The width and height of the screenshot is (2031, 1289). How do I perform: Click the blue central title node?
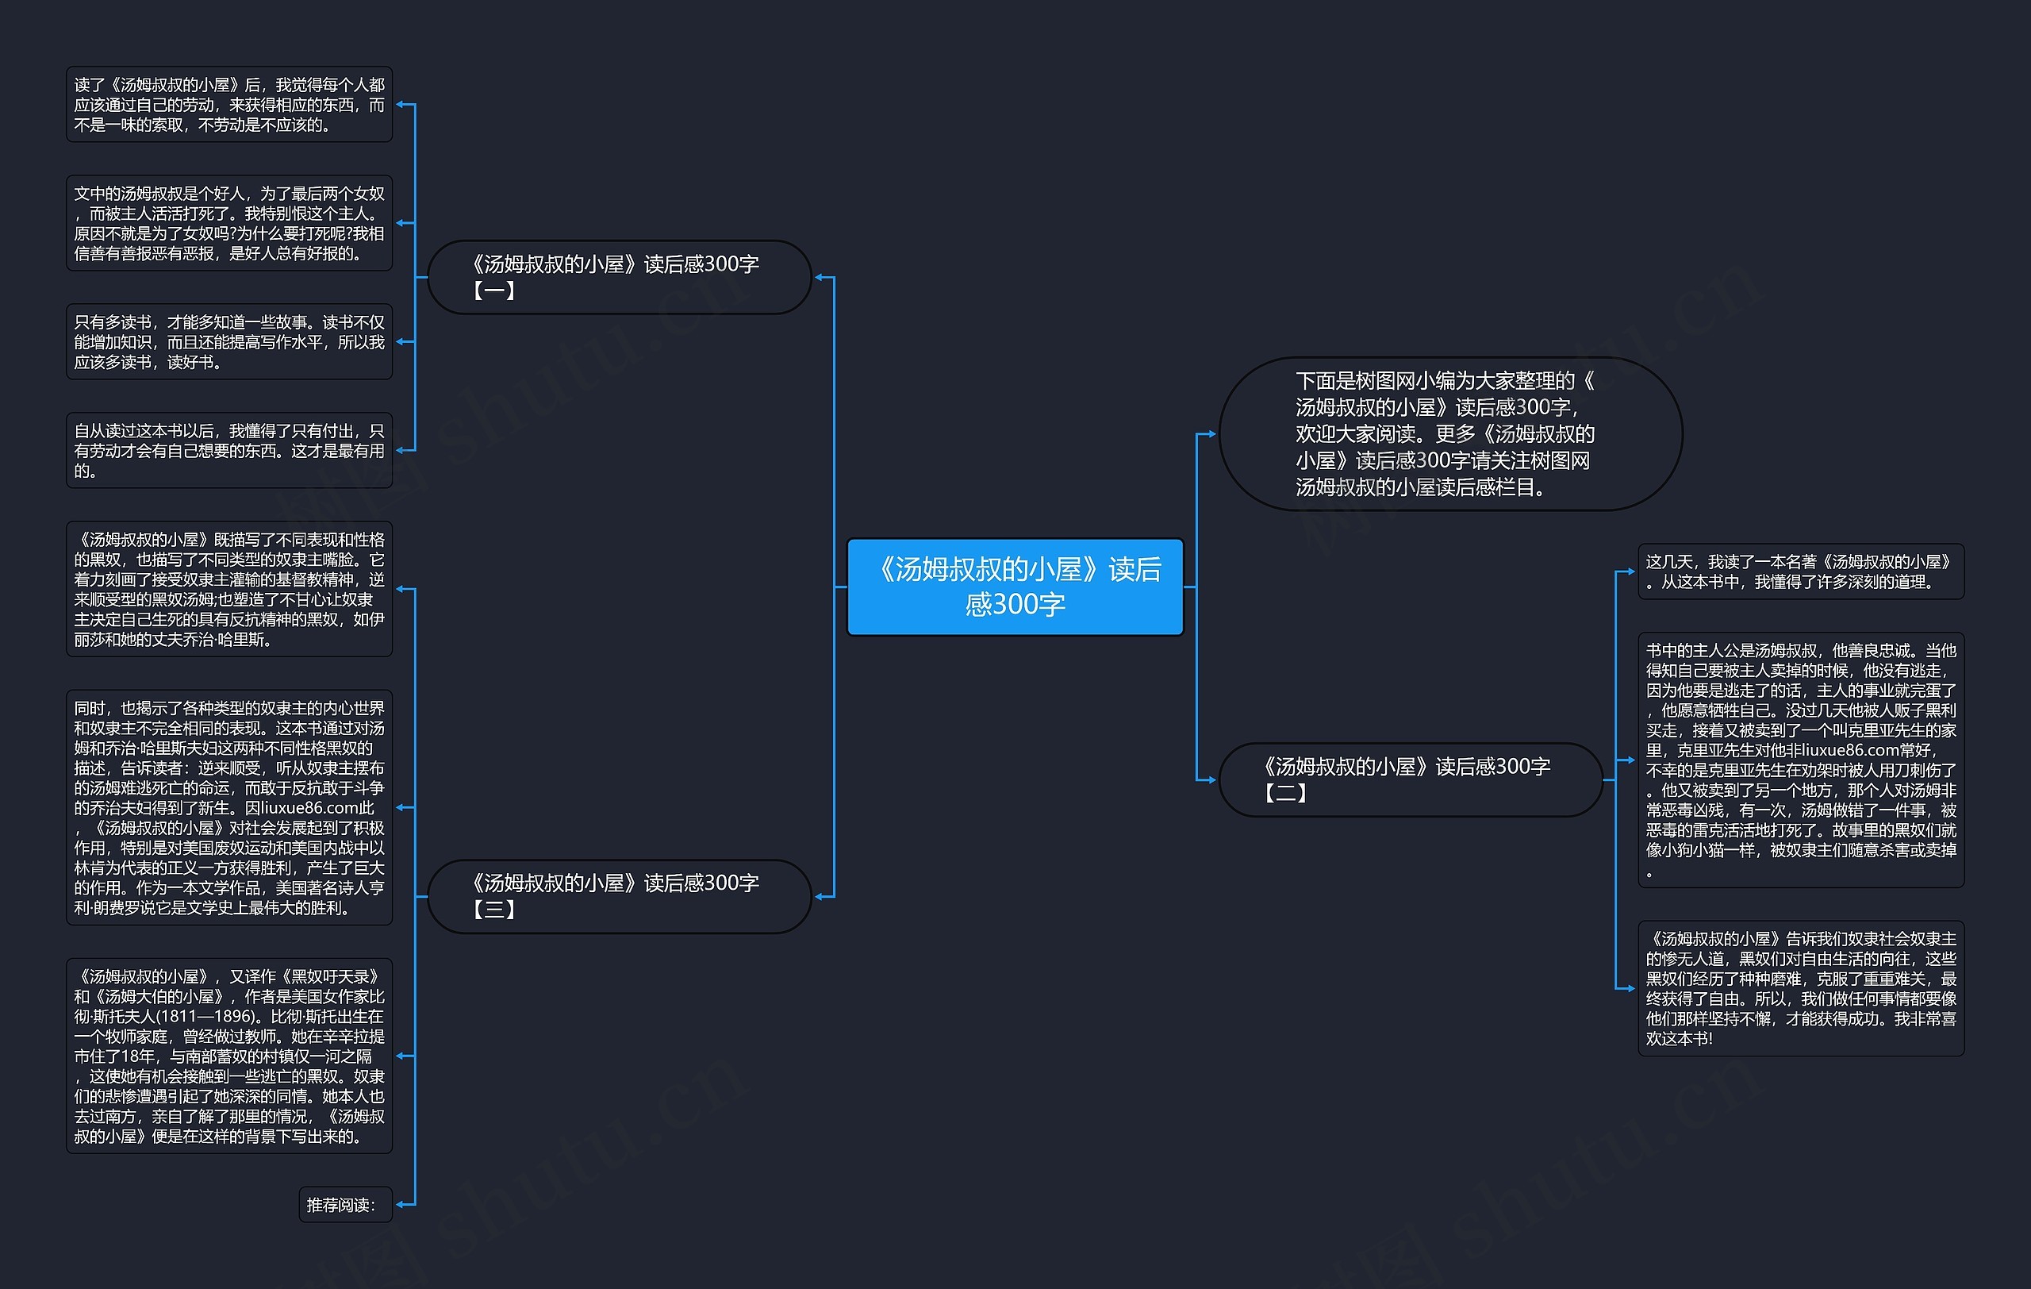1015,587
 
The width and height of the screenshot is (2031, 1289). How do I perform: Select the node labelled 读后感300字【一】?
619,277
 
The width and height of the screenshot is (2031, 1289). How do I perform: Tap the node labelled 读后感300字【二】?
1411,779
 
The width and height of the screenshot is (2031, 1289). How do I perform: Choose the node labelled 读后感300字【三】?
619,896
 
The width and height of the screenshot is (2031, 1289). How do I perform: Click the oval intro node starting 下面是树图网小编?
1450,433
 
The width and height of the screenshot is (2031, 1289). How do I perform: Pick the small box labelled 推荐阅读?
345,1205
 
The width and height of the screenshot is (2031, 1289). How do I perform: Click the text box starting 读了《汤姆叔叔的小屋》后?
228,105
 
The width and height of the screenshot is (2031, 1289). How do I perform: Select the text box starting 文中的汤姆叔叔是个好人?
228,223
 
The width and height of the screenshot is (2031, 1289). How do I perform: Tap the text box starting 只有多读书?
228,341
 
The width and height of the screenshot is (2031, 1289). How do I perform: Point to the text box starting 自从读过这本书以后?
228,451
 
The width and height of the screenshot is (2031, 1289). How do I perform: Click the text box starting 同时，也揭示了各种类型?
228,807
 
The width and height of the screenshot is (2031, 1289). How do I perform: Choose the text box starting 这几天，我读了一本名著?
1800,571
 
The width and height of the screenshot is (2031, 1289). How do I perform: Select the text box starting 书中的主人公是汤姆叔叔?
1800,760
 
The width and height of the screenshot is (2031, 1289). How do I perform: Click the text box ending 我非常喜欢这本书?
1800,988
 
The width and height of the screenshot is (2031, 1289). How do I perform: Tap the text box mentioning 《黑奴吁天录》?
228,1056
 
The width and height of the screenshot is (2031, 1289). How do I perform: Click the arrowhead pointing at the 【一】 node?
819,277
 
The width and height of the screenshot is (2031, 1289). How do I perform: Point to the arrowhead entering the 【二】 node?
1211,779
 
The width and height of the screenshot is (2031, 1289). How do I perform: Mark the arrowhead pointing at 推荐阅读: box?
401,1205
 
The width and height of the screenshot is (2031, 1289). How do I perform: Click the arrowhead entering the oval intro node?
1211,433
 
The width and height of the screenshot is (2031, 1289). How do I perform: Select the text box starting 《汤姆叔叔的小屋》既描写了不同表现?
228,589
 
